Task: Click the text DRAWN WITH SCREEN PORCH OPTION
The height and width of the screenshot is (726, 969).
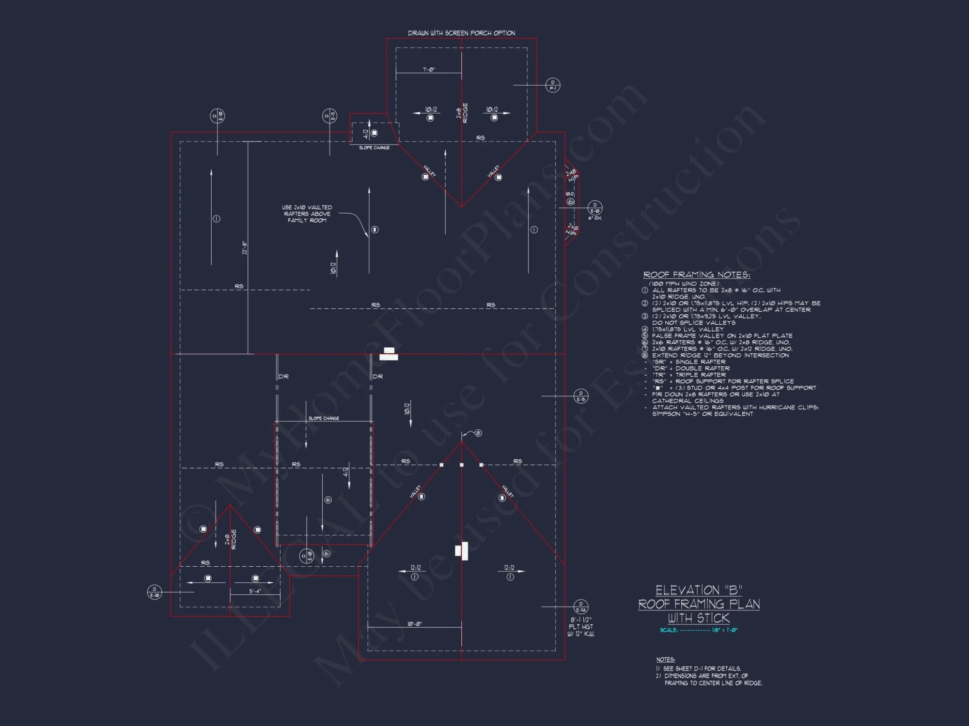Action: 461,33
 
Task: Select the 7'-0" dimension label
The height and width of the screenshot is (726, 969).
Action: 429,70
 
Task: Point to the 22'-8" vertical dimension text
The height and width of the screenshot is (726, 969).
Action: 245,248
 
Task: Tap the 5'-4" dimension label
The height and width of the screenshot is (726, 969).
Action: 255,591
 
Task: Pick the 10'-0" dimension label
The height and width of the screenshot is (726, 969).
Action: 414,624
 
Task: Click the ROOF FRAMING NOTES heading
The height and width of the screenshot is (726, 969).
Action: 696,275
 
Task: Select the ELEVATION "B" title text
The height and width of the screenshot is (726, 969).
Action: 699,590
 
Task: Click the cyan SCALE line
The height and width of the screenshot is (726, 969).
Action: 698,630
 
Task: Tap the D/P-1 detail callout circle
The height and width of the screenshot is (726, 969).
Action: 553,85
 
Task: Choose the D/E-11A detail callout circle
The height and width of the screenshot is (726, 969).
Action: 580,606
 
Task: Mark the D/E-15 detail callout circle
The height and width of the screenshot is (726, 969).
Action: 581,396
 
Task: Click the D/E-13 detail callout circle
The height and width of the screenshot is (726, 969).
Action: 329,116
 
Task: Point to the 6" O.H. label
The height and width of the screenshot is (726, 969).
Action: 594,218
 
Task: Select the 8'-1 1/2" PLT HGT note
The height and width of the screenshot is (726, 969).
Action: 580,627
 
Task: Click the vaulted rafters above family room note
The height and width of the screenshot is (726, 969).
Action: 307,214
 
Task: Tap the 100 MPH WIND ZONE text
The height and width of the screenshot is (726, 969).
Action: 684,284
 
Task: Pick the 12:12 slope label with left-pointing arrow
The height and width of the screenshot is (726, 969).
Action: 415,568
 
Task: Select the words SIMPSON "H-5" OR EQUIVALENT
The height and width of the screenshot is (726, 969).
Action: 702,414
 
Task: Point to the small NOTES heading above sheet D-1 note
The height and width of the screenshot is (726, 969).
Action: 665,659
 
